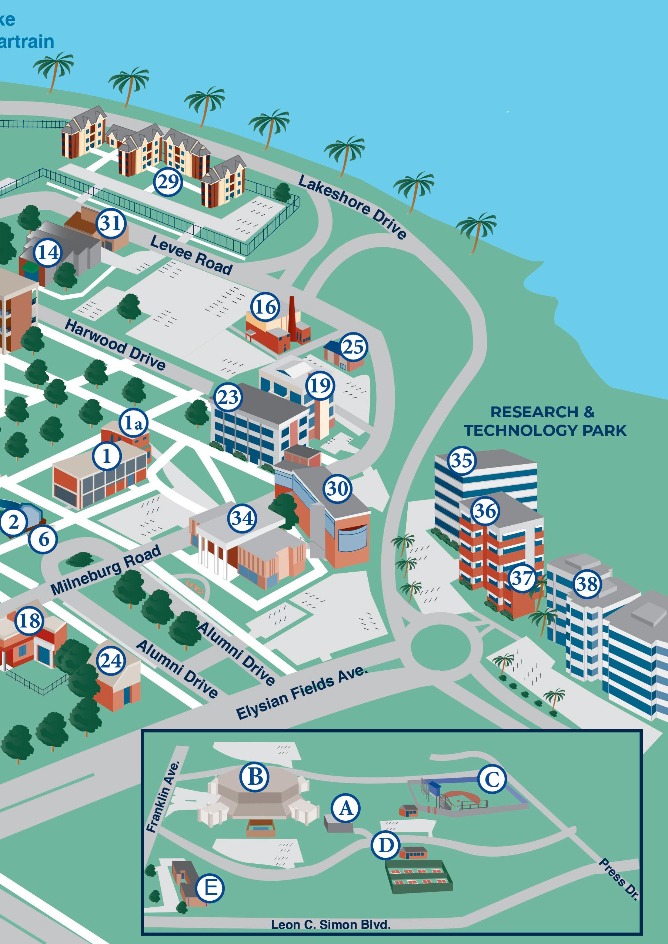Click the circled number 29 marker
click(x=168, y=181)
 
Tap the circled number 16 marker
click(x=265, y=307)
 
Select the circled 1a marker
click(x=133, y=422)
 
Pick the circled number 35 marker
click(x=461, y=461)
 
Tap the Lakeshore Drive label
click(x=353, y=207)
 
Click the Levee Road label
click(x=191, y=255)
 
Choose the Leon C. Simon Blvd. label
click(x=331, y=925)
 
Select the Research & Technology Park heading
click(x=545, y=421)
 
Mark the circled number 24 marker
click(x=111, y=661)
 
